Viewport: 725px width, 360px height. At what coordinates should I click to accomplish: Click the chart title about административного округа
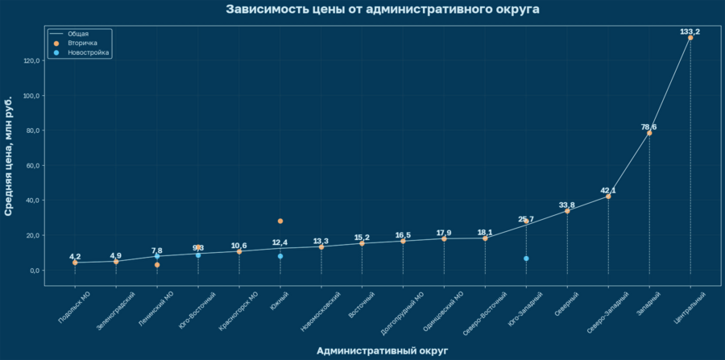tap(383, 10)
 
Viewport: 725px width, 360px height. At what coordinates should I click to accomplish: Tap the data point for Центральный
tap(690, 38)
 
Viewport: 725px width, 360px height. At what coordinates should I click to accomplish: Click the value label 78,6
tap(649, 127)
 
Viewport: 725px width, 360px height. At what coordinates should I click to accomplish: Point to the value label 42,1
tap(608, 191)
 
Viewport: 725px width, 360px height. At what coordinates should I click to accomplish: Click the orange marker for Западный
tap(649, 133)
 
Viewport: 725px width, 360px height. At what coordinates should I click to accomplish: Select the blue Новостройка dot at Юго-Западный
tap(526, 259)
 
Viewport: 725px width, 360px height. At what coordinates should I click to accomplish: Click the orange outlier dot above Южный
tap(280, 221)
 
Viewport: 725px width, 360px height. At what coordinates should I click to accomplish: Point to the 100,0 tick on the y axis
tap(32, 96)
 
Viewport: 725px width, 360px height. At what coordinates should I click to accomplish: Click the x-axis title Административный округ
tap(383, 350)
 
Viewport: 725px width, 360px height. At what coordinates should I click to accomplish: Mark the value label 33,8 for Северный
tap(567, 205)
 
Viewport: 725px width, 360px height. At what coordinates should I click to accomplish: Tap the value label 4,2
tap(75, 257)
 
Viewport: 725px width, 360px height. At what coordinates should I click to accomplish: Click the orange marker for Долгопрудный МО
tap(403, 241)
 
